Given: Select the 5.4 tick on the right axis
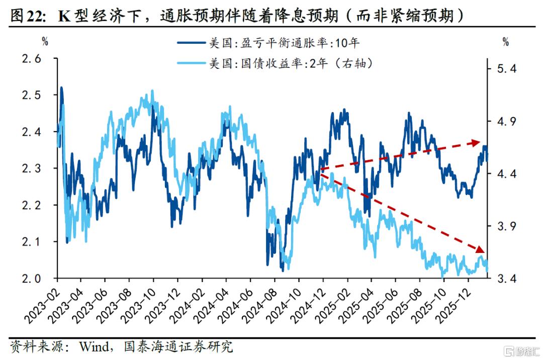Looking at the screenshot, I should (506, 69).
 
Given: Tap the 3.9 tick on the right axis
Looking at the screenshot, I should (506, 226).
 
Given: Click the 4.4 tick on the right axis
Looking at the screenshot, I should (506, 174).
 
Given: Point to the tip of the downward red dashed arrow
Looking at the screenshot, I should (484, 251).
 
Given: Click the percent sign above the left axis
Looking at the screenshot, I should (45, 42).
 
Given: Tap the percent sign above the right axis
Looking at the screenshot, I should (505, 42).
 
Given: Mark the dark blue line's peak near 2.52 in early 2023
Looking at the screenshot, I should (61, 87).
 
